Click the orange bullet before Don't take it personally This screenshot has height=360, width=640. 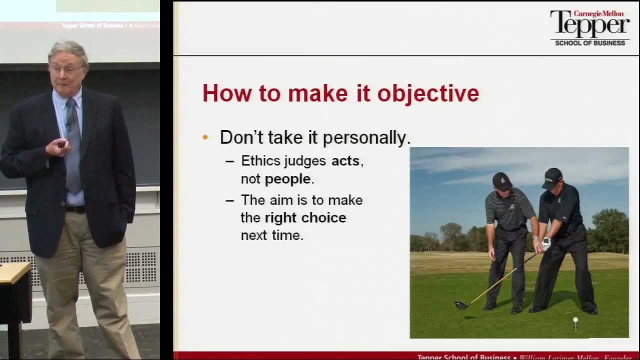coord(205,137)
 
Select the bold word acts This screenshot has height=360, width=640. coord(345,161)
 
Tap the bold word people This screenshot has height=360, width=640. coord(287,179)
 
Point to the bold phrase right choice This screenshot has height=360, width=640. coord(305,218)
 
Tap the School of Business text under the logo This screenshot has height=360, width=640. coord(590,43)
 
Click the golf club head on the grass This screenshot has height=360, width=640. coord(461,305)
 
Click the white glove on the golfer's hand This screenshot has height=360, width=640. coord(546,243)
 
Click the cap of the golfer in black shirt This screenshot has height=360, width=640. coord(552,176)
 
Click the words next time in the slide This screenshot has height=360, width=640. coord(272,235)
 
